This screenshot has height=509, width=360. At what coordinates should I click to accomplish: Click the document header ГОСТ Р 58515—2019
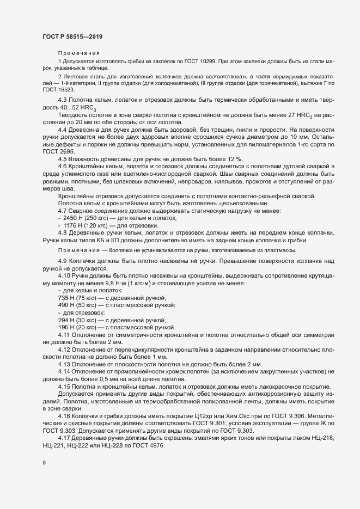[x=72, y=36]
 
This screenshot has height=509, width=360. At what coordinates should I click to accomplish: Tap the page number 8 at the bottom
[x=44, y=463]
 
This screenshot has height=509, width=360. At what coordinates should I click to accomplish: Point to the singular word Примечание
[x=76, y=249]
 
